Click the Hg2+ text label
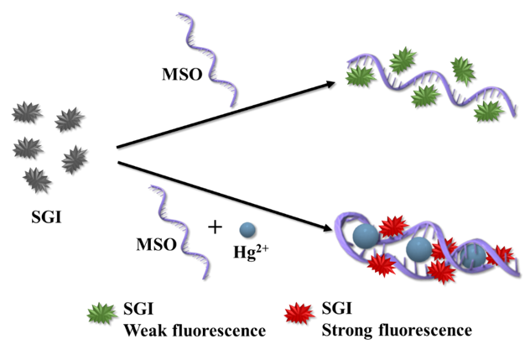pos(247,251)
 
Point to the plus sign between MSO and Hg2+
pos(216,227)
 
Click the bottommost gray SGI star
pos(35,179)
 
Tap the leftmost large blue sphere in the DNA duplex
pos(365,237)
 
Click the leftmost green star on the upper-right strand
pos(361,76)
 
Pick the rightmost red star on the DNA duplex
pos(501,254)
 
